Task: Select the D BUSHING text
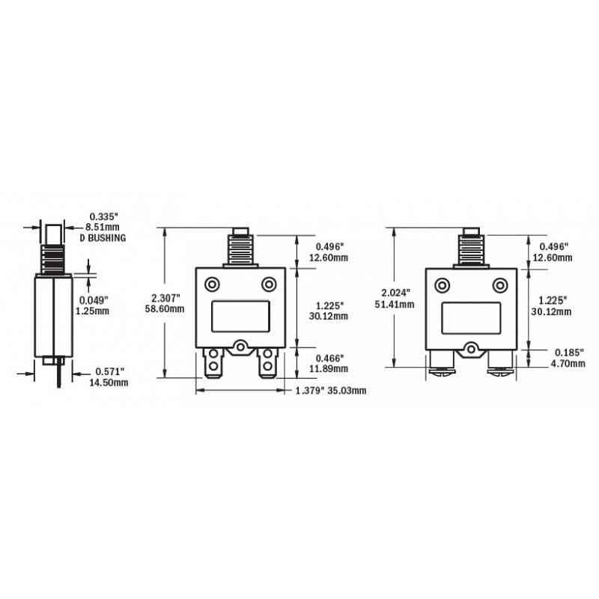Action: click(x=102, y=237)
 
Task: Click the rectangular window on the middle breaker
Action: click(x=240, y=315)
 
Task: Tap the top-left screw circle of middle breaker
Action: click(x=213, y=285)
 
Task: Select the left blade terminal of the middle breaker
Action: click(x=213, y=365)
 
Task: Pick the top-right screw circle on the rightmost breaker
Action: click(x=499, y=285)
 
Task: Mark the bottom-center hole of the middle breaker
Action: click(x=241, y=347)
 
